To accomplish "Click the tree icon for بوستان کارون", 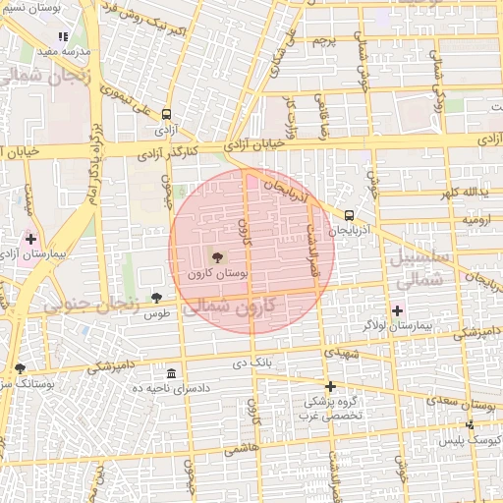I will click(217, 256).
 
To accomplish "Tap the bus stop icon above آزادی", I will click(166, 114).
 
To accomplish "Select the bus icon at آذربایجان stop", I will click(349, 215).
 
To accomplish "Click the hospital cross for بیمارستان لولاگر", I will click(397, 310).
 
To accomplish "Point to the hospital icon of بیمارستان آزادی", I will click(30, 239).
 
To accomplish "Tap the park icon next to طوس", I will click(156, 298).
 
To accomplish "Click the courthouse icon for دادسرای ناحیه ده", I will click(172, 374).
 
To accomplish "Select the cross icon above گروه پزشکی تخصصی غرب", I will click(330, 386).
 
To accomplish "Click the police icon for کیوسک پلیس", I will click(470, 424).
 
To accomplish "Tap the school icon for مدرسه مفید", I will click(64, 36).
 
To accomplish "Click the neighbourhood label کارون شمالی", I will click(242, 307).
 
